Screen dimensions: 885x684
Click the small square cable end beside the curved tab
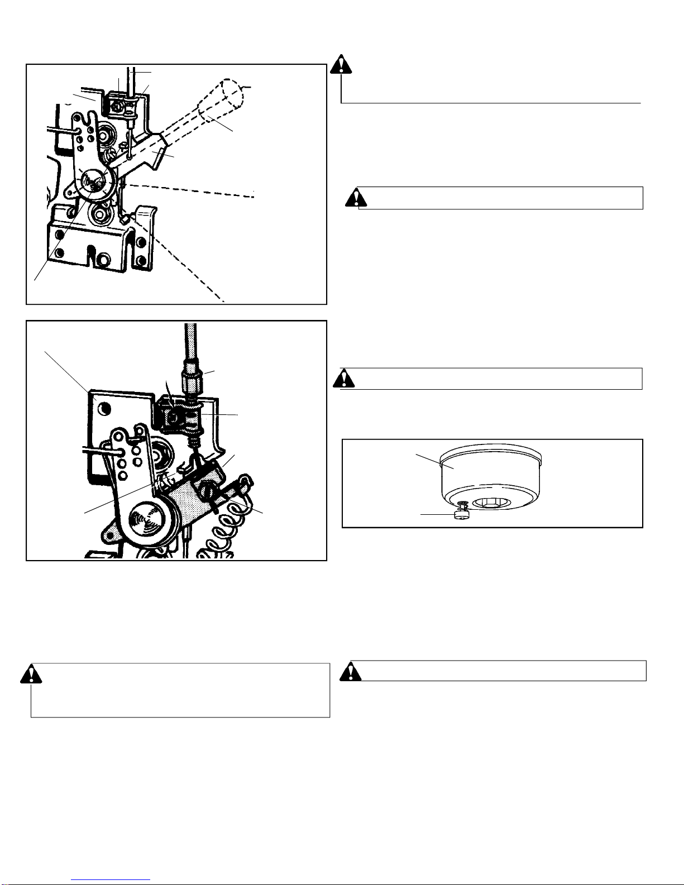124,221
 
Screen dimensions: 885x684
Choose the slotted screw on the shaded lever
207,491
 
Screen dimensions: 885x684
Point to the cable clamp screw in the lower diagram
174,416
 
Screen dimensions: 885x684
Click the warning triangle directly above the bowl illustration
345,379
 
